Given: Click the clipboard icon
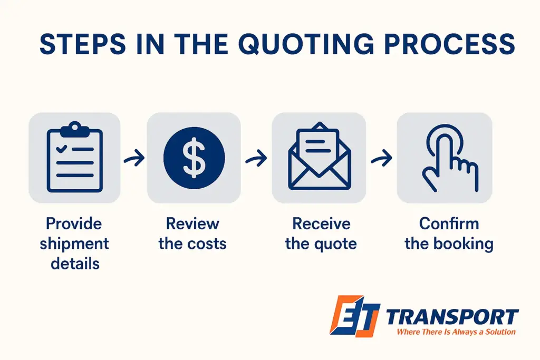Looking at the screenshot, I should [74, 157].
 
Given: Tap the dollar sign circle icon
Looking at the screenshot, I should [194, 158].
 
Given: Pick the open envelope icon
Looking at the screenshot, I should [319, 157].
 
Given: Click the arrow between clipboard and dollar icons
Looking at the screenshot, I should [134, 158].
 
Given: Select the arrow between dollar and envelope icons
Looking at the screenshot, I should [256, 158].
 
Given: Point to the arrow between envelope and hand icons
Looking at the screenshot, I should [381, 158].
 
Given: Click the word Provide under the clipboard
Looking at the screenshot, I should [74, 224].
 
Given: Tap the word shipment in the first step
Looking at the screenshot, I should [74, 244].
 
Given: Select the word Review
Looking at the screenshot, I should [192, 224].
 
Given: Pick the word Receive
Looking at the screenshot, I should [321, 224].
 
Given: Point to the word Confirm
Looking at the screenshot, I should [449, 224].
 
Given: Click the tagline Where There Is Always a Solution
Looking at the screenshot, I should [456, 332].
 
